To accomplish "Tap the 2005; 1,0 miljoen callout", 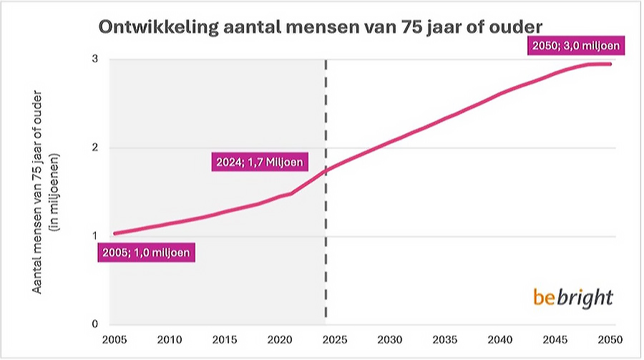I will [146, 253].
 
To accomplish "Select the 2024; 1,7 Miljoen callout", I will [260, 162].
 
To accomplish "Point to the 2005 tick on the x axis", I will [115, 339].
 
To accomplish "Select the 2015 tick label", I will [223, 339].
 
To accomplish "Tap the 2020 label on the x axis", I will [278, 339].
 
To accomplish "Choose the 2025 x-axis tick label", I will [333, 339].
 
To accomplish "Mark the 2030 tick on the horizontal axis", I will [388, 339].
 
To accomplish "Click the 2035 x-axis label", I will [443, 339].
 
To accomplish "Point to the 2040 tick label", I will [498, 339].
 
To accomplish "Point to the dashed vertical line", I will [326, 215].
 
